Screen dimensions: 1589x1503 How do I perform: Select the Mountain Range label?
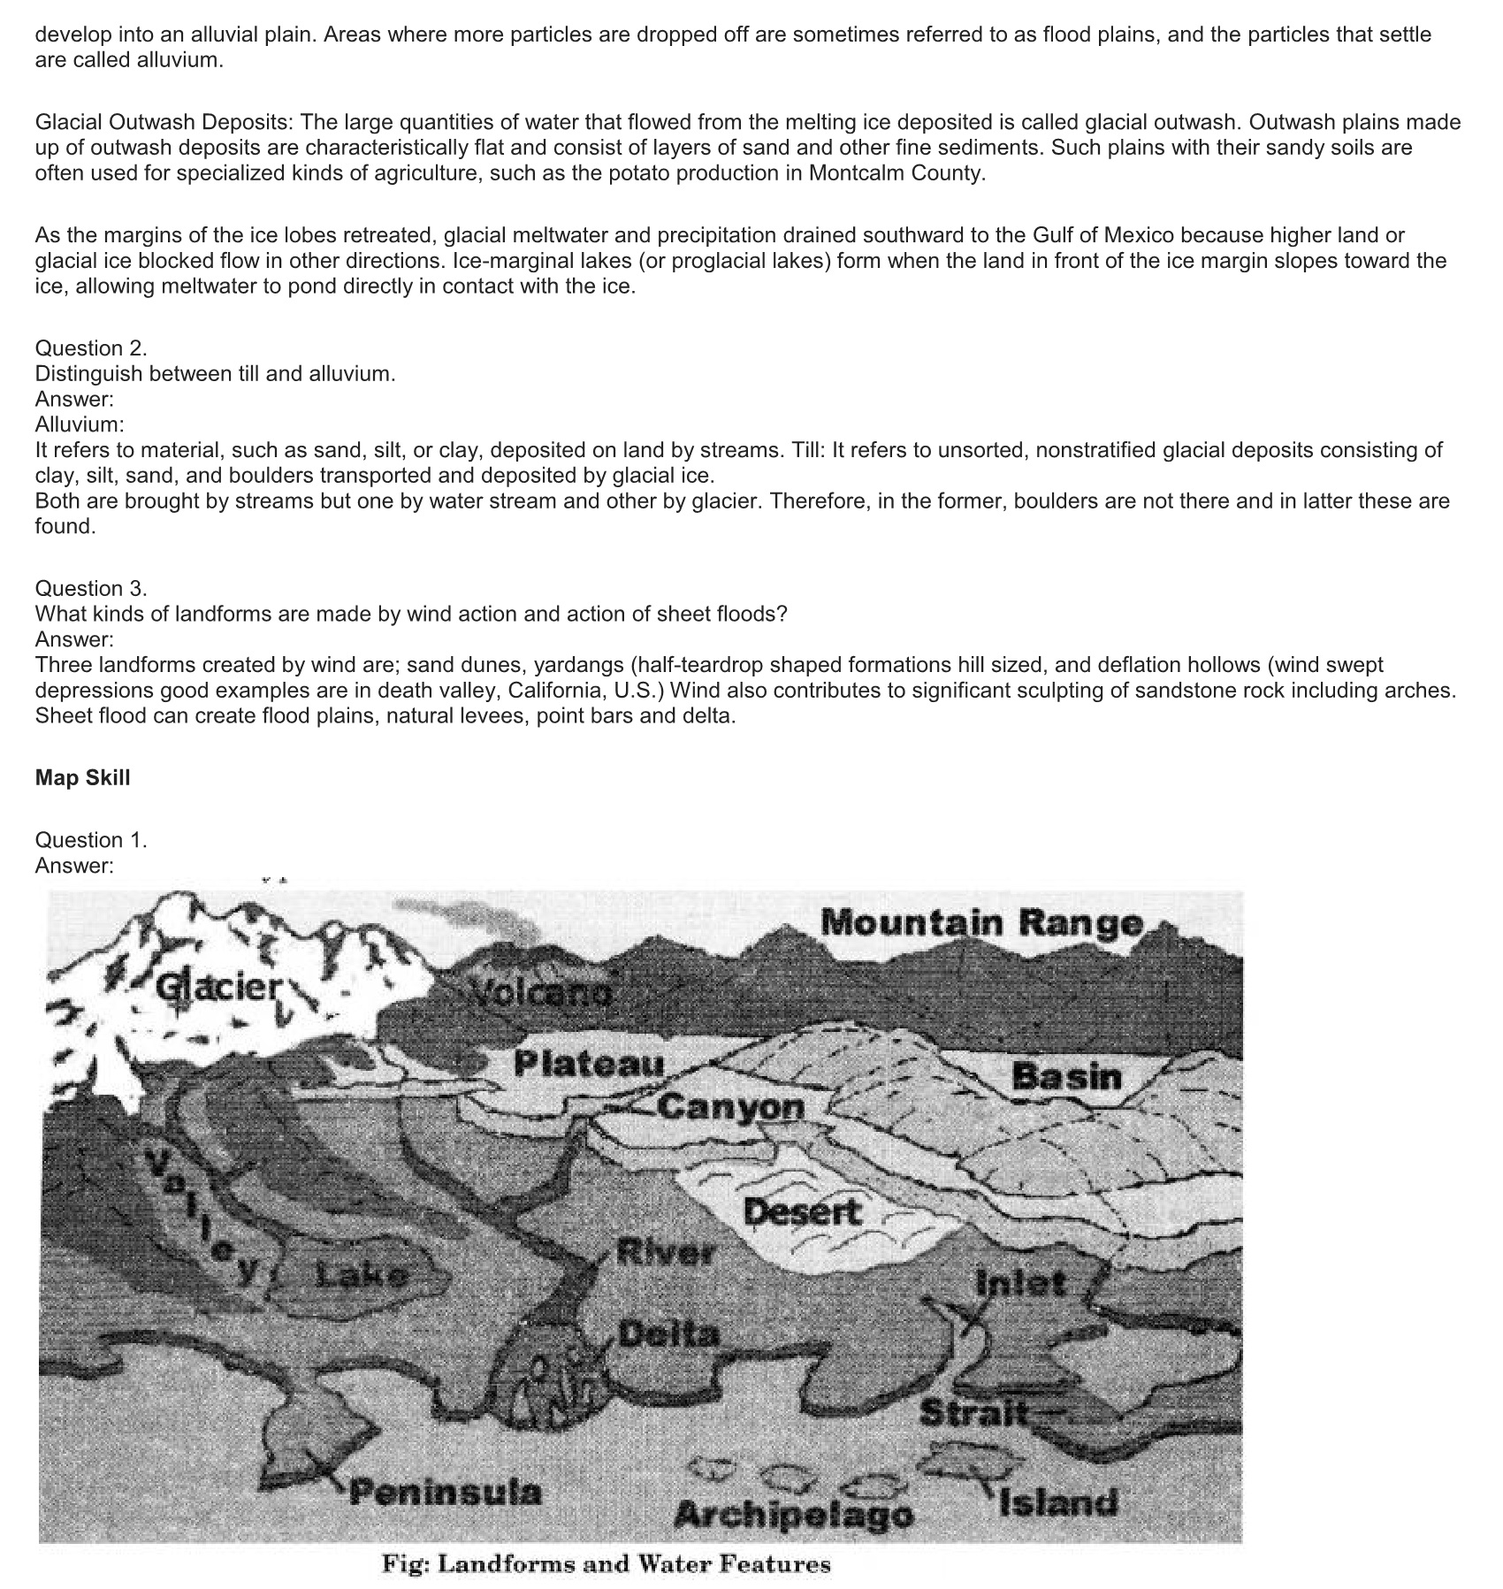pos(981,923)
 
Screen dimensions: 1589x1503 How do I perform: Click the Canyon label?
pos(731,1106)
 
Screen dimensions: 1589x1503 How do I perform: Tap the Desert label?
pos(802,1211)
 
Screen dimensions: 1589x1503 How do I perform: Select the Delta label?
pos(669,1333)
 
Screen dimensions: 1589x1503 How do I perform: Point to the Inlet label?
pos(1021,1282)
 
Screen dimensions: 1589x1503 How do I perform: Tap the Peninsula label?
pos(445,1493)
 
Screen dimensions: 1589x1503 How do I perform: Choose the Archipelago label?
pos(793,1515)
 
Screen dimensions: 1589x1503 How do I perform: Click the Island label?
pos(1058,1501)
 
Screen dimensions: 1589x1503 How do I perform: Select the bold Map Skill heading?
pos(82,777)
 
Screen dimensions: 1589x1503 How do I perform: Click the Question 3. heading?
pos(91,588)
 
